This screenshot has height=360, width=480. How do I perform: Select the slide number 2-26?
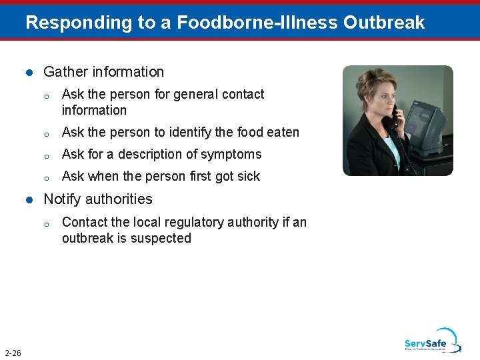pos(12,353)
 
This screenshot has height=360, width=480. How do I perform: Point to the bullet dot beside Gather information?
pos(28,73)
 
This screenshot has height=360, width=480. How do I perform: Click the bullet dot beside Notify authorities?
pos(28,200)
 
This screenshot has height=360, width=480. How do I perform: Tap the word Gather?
pos(65,72)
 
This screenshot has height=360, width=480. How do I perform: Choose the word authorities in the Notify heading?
pos(120,199)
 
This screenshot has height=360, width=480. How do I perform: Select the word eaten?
pos(282,133)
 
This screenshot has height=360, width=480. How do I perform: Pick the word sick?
pos(247,177)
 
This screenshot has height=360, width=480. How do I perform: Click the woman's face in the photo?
pos(377,99)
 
